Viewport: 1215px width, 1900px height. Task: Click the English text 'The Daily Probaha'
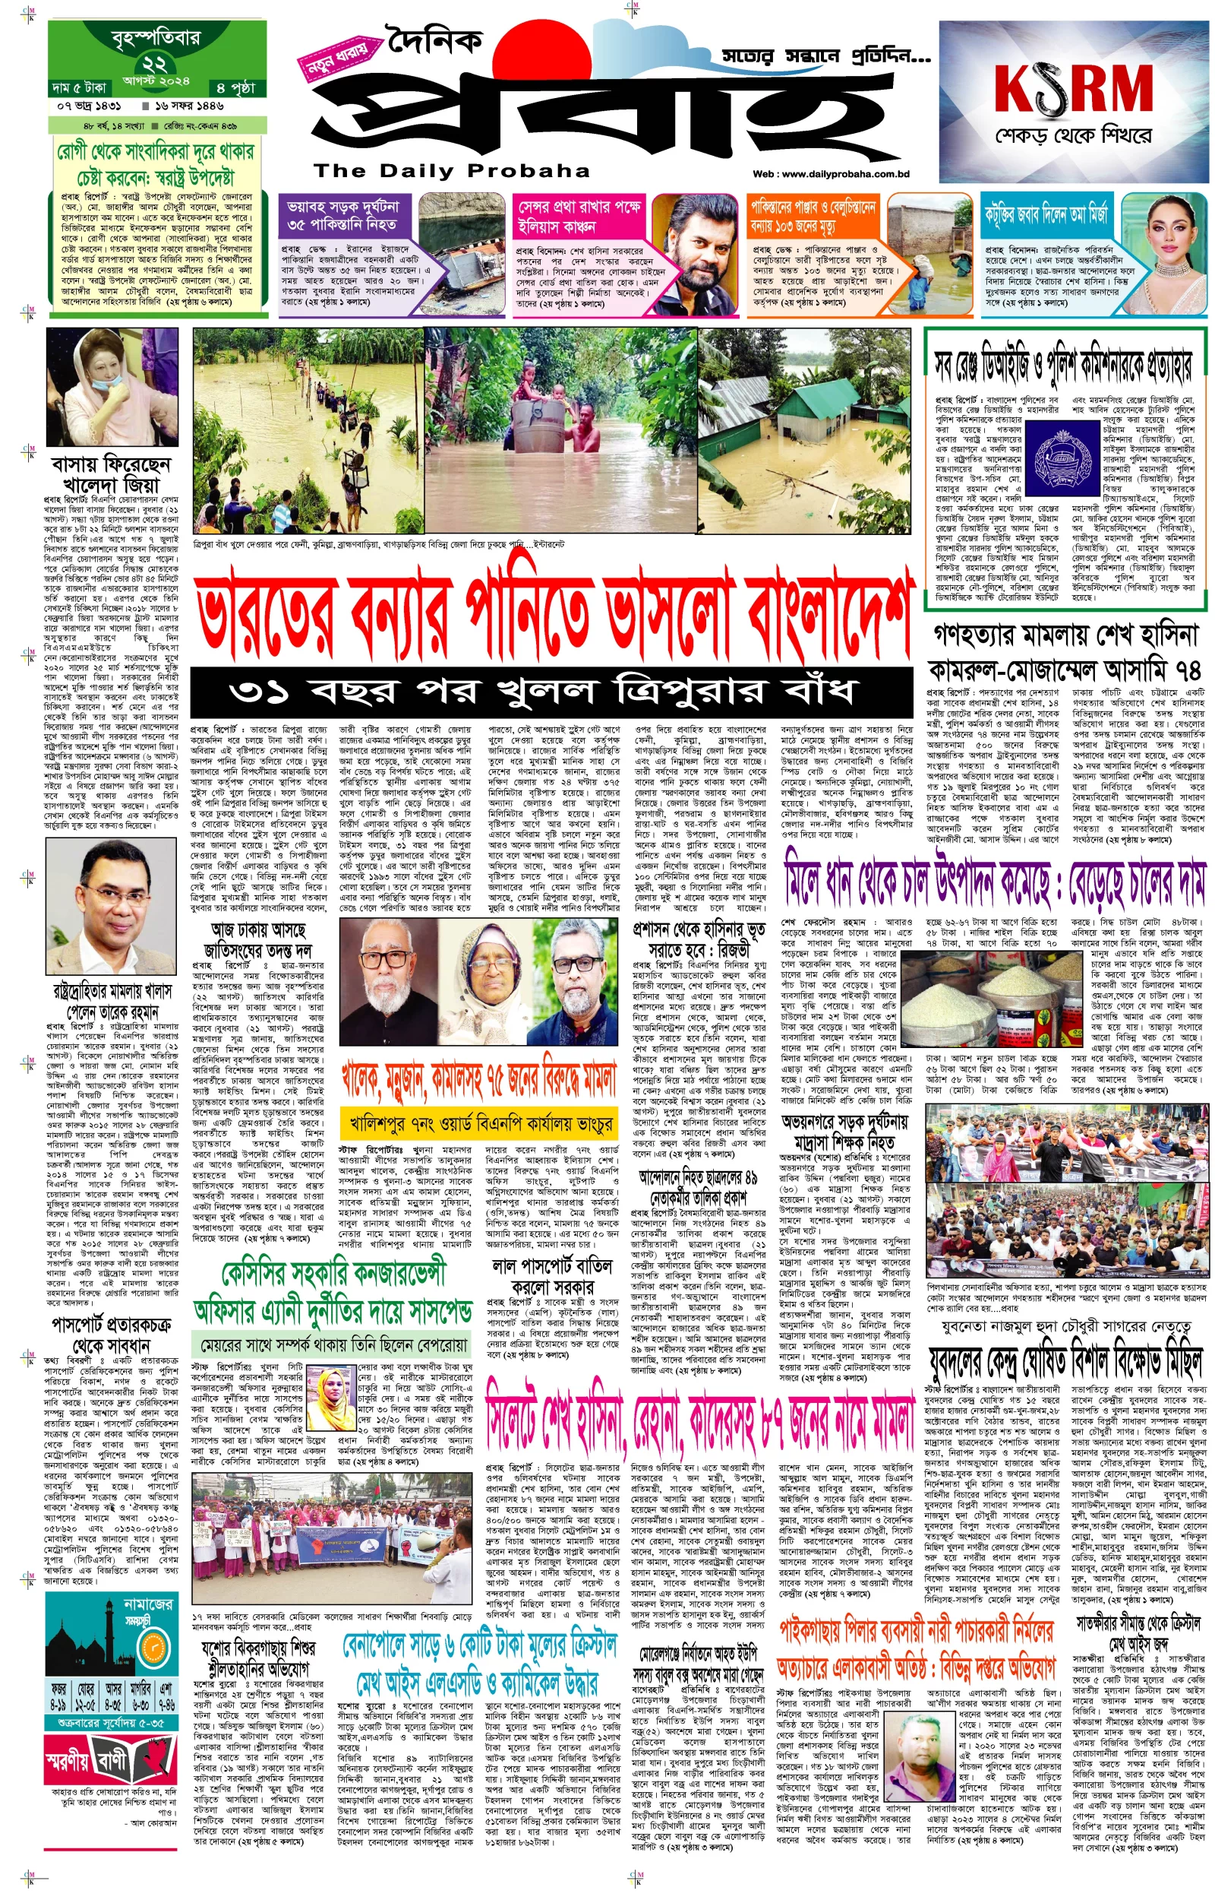tap(451, 170)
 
